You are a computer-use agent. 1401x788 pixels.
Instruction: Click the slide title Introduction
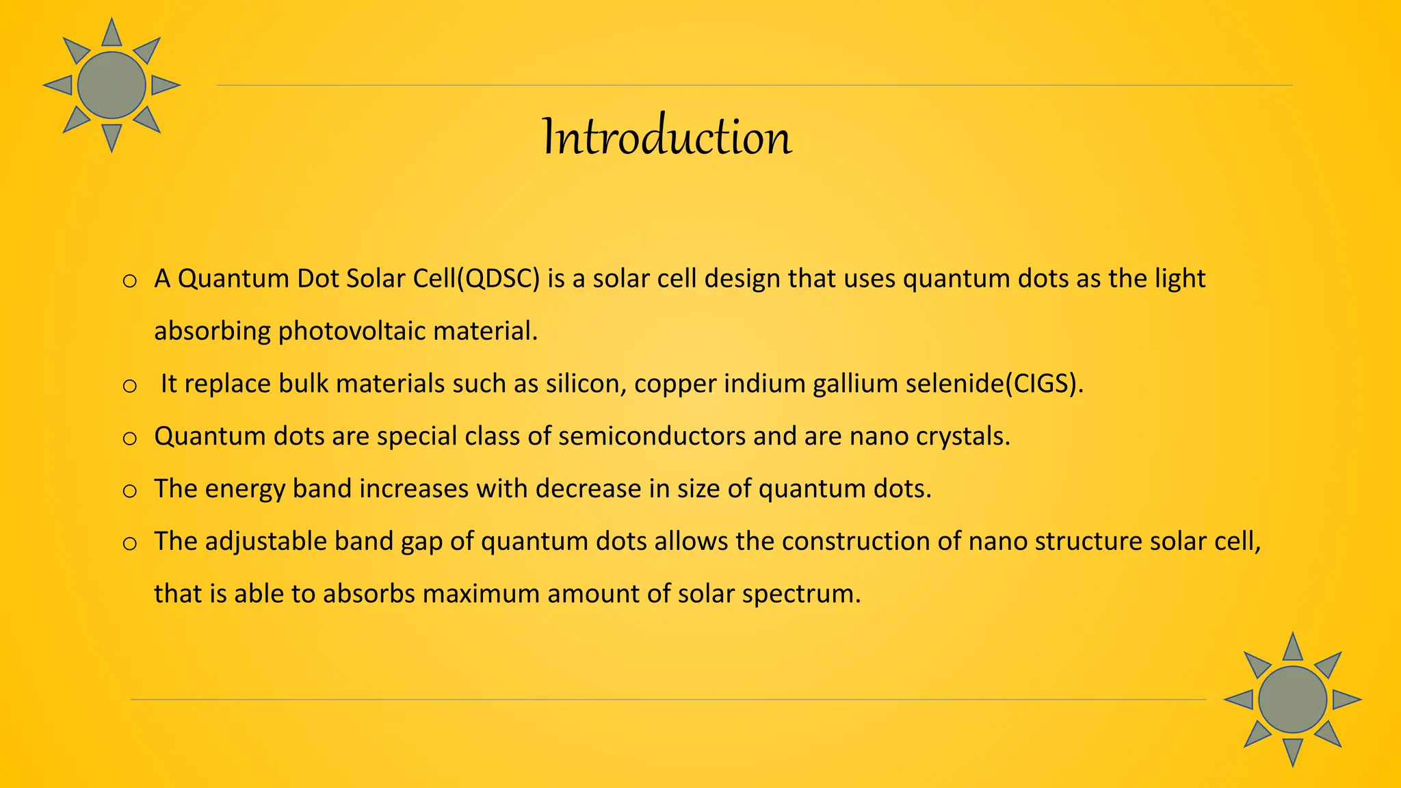[667, 137]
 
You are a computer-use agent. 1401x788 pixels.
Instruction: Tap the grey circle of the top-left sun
[112, 86]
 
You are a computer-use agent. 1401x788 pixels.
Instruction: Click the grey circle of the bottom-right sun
[1292, 700]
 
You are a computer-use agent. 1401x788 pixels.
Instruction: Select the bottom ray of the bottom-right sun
[1292, 751]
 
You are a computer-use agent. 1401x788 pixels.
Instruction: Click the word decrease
[589, 489]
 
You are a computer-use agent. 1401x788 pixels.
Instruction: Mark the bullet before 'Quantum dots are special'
[130, 438]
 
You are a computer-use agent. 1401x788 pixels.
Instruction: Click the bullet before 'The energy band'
[130, 490]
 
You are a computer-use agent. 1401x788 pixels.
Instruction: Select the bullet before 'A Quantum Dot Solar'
[130, 280]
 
